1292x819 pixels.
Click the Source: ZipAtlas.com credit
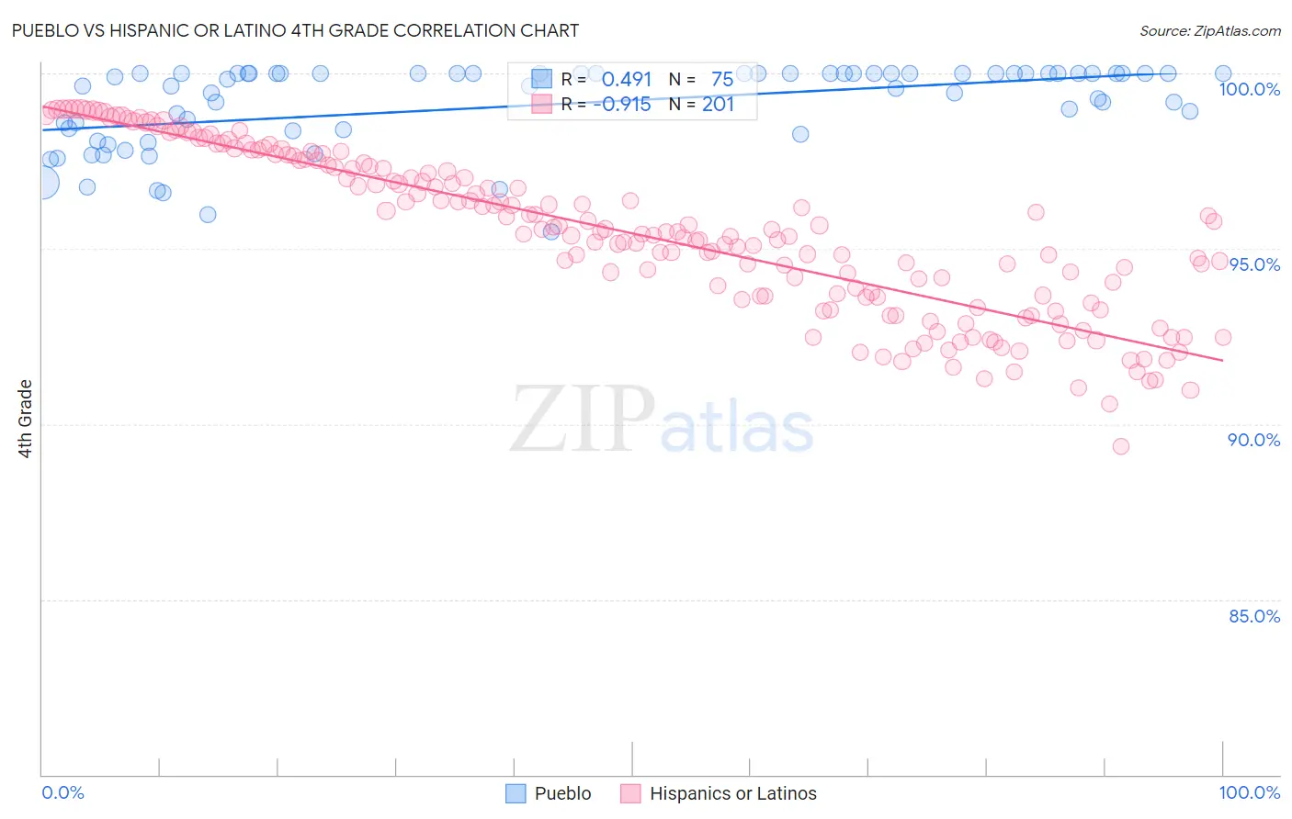[x=1209, y=30]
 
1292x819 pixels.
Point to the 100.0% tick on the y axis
[x=1249, y=89]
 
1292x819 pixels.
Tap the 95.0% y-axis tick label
[x=1254, y=264]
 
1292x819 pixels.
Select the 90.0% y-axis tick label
[x=1253, y=440]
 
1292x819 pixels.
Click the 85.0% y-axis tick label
[x=1253, y=616]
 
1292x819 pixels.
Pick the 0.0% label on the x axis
[x=62, y=792]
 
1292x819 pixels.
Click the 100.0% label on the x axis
[x=1249, y=792]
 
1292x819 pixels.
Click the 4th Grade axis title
[x=26, y=419]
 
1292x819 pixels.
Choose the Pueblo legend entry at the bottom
[x=549, y=793]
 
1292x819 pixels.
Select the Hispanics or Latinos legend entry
[x=719, y=793]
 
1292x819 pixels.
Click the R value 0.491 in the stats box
[x=626, y=80]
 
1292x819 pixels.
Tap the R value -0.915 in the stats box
[x=622, y=105]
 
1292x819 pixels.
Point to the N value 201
[x=718, y=105]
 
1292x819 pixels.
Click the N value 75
[x=721, y=80]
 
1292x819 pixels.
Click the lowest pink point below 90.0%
[x=1120, y=446]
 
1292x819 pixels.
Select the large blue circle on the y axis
[x=42, y=183]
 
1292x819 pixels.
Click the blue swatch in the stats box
[x=542, y=79]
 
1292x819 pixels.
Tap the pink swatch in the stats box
[x=542, y=104]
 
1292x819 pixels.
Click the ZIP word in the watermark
[x=581, y=419]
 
